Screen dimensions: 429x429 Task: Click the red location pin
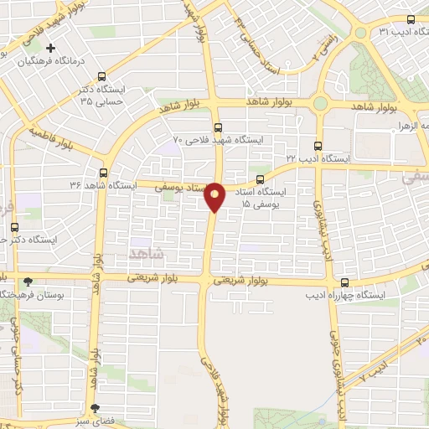click(215, 196)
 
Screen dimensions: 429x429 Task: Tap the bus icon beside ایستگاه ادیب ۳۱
click(411, 20)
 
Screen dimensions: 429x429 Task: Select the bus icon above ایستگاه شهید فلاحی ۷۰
click(218, 128)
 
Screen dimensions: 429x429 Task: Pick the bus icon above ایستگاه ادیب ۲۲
click(317, 144)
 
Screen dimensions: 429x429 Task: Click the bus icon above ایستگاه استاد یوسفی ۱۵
click(260, 178)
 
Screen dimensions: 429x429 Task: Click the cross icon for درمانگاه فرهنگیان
click(50, 48)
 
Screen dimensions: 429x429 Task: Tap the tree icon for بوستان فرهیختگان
click(29, 282)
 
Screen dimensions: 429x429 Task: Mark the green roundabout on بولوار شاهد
click(320, 104)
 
